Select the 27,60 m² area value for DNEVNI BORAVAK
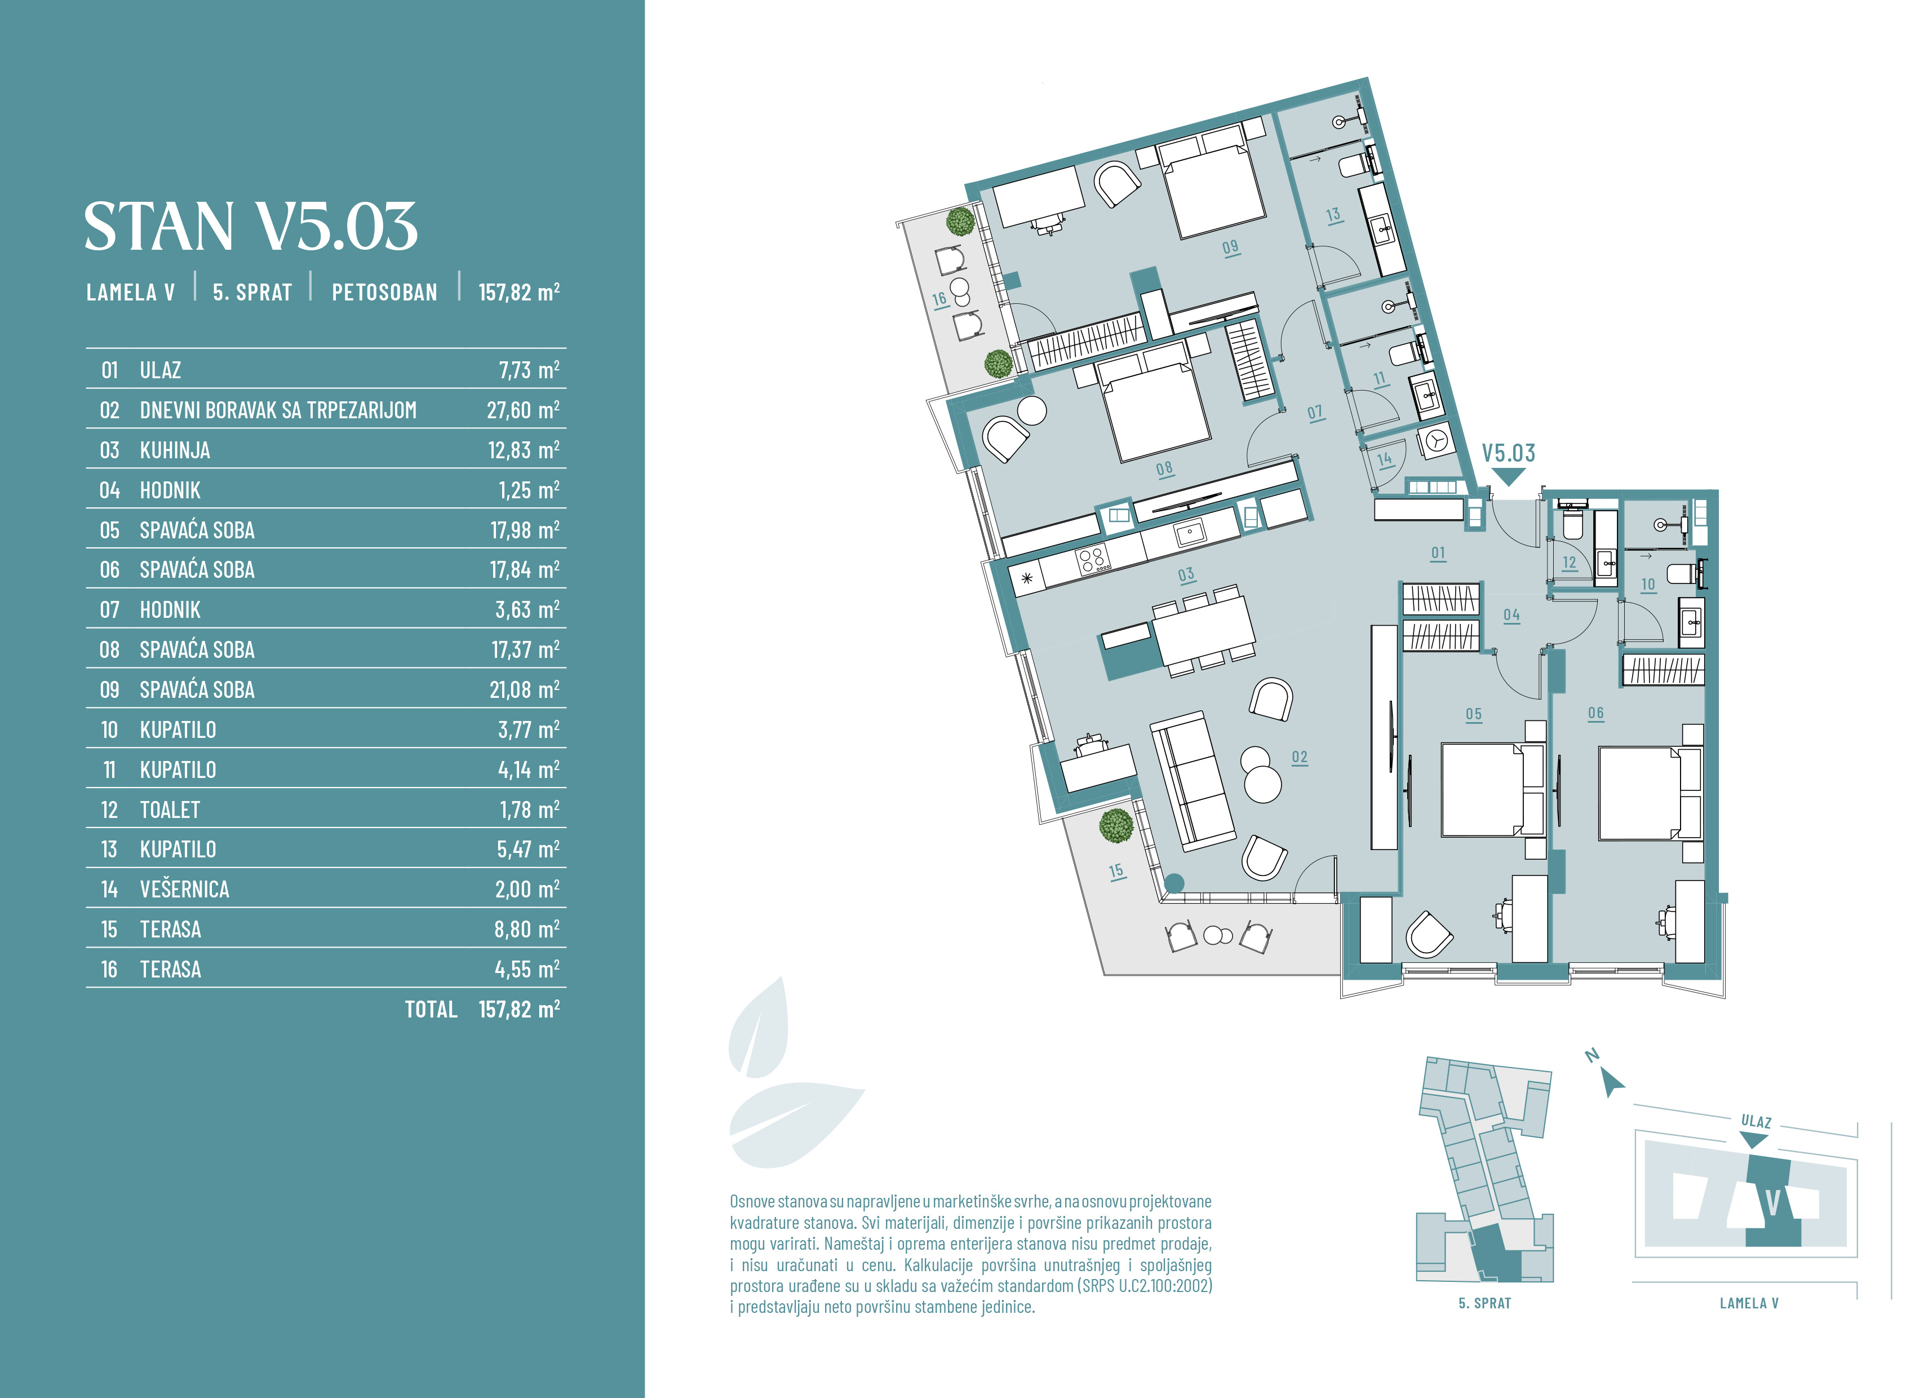coord(523,410)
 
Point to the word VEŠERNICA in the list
coord(184,890)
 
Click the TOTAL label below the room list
coord(431,1010)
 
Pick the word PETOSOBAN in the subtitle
coord(385,293)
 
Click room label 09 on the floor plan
coord(1231,247)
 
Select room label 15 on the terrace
coord(1116,871)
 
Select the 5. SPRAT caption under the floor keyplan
coord(1484,1303)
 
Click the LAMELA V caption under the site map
coord(1749,1303)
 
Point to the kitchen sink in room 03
coord(1189,532)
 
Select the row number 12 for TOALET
coord(109,810)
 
